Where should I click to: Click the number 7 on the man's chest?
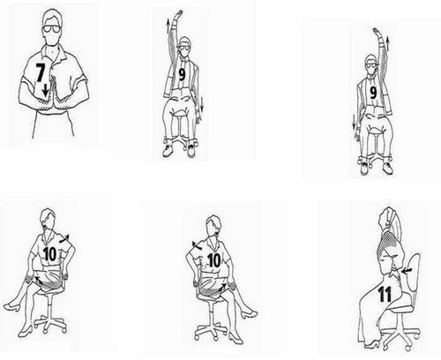point(41,72)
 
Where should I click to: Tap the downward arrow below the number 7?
point(45,90)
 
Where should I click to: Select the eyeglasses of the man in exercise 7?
point(52,29)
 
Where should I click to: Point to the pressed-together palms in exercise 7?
point(54,94)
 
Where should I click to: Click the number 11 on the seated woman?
point(385,294)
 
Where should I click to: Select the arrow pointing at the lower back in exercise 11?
point(407,271)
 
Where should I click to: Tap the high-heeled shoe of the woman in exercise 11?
point(371,343)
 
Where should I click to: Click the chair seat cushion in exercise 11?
point(400,308)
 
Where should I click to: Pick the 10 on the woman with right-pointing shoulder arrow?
point(49,254)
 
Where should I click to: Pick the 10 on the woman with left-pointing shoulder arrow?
point(214,260)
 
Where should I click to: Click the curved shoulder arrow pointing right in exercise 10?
point(64,238)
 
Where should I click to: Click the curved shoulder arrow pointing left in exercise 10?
point(198,244)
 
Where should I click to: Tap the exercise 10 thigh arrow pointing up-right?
point(222,288)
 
